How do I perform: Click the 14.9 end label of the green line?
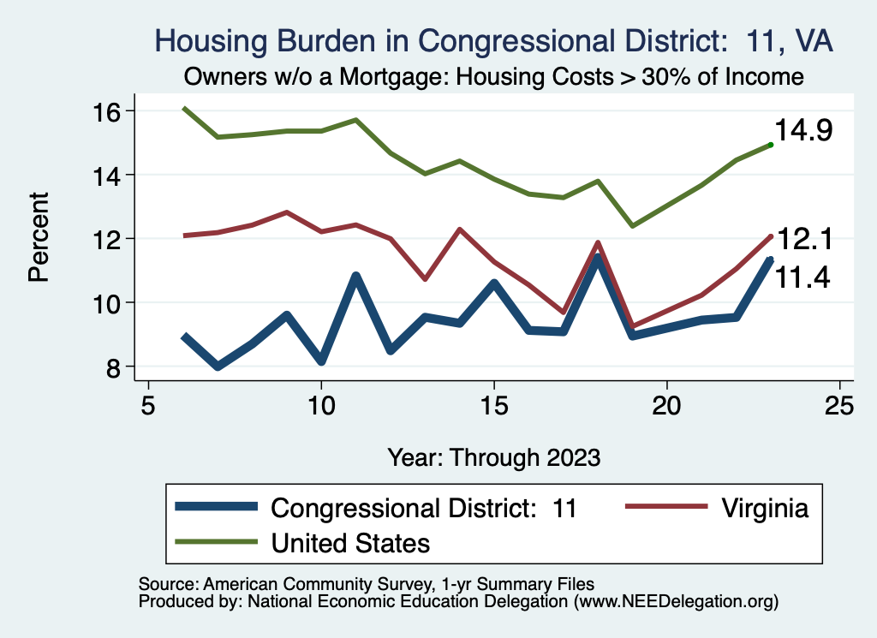click(803, 132)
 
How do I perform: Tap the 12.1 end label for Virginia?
click(803, 241)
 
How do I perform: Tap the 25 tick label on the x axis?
click(839, 404)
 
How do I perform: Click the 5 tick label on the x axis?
click(148, 404)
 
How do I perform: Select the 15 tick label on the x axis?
click(493, 404)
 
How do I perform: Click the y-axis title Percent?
click(38, 239)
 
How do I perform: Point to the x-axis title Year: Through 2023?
click(493, 456)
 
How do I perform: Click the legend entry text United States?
click(350, 542)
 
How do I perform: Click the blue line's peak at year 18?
click(597, 258)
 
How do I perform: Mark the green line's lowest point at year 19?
click(632, 225)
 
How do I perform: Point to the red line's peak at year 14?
click(459, 230)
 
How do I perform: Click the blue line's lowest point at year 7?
click(218, 366)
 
